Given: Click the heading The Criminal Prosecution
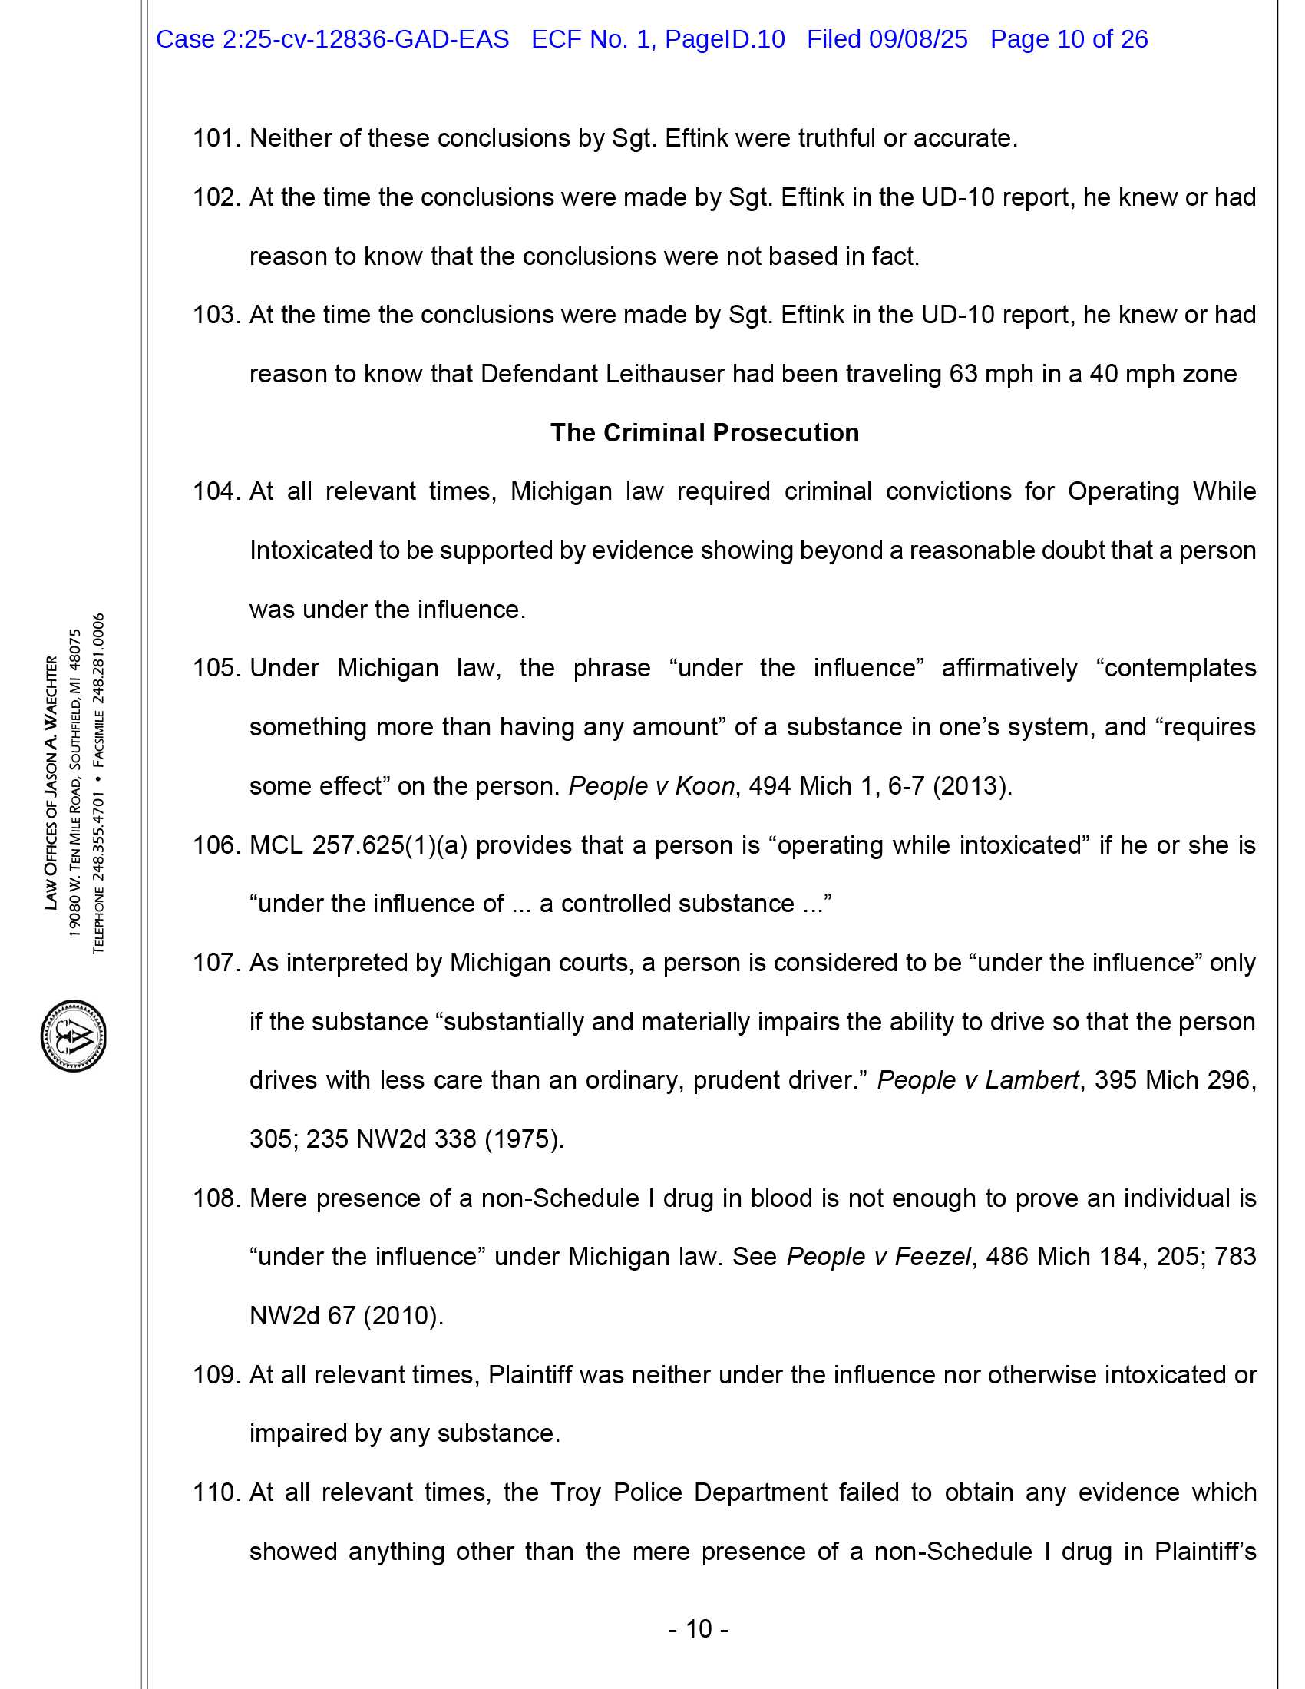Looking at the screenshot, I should point(704,433).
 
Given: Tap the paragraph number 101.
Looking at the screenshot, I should point(217,138).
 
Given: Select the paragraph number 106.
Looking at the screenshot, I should point(217,845).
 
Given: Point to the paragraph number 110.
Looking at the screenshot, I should point(217,1492).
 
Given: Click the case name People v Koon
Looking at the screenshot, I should point(651,786).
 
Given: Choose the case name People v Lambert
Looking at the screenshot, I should point(977,1080).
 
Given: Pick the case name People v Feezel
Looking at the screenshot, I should point(878,1258).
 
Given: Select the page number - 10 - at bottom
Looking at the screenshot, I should point(698,1629).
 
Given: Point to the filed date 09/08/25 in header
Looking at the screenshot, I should point(917,39).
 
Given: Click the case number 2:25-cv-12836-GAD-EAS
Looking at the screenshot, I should point(365,39).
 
